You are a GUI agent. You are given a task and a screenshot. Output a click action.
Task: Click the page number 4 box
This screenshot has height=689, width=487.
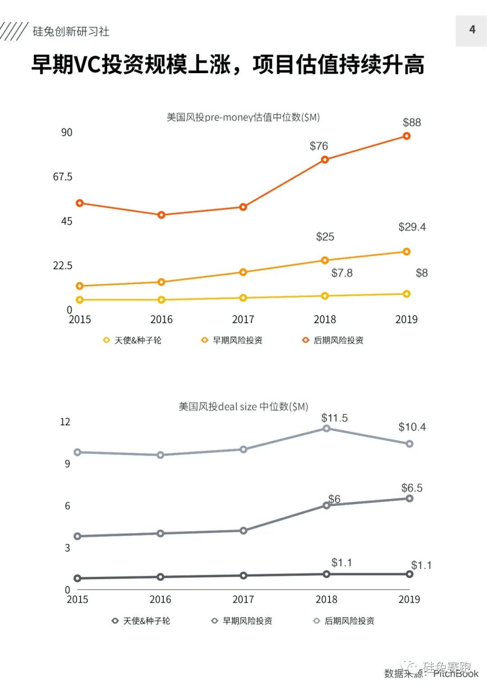pos(471,30)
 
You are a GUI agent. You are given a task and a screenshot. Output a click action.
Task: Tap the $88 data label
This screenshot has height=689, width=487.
pos(412,122)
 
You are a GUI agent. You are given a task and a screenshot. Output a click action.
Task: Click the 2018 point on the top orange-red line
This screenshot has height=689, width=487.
pos(325,160)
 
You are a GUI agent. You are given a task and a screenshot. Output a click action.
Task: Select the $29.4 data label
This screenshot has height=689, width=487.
pos(412,227)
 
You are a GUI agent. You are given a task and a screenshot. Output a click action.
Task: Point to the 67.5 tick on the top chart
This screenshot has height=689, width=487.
pos(63,176)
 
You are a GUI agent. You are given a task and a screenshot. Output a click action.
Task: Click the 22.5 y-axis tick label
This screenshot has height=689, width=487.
pos(63,265)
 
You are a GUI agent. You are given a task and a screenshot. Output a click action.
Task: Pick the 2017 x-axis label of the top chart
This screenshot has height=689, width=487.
pos(243,319)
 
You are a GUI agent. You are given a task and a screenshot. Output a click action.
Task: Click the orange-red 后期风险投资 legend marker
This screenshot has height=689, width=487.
pos(306,340)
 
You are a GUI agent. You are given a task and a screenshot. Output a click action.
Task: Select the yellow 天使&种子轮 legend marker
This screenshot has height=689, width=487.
pos(106,340)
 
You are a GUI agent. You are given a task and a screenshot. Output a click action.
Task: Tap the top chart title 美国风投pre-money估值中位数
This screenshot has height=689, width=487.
pos(243,117)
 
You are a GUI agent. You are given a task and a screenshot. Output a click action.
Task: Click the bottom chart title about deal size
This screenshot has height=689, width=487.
pos(243,407)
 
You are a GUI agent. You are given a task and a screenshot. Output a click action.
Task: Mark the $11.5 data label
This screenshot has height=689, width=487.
pos(334,418)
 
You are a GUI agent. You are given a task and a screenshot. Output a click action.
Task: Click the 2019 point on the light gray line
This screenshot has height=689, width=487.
pos(409,444)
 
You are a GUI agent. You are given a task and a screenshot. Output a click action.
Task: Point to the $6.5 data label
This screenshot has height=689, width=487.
pos(412,488)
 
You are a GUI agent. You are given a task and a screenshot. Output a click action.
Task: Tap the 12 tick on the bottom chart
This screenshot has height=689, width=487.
pos(65,422)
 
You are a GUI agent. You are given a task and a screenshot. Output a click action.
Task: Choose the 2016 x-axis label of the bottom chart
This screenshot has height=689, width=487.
pos(160,599)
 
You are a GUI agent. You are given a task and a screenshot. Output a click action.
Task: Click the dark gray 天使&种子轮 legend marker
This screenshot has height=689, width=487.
pos(115,621)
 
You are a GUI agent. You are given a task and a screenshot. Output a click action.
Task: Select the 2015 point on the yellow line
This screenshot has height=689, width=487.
pos(80,300)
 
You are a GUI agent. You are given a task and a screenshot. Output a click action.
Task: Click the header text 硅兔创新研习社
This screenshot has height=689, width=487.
pos(71,31)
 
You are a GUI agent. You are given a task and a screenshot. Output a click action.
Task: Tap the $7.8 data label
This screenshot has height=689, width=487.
pos(342,273)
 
